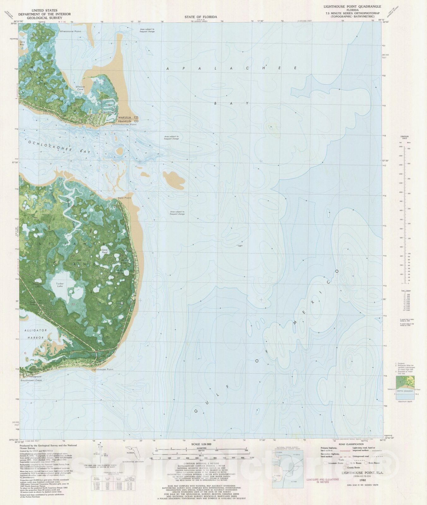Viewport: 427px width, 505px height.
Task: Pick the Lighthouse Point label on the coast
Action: (x=102, y=369)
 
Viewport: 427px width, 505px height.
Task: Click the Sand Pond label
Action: (x=105, y=251)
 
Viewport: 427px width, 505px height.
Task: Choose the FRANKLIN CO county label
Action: (x=128, y=121)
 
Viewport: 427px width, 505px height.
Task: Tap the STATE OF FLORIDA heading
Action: (x=201, y=17)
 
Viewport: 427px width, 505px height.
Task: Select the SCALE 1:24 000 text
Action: (x=201, y=444)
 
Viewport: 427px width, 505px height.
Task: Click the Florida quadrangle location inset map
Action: (x=132, y=453)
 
